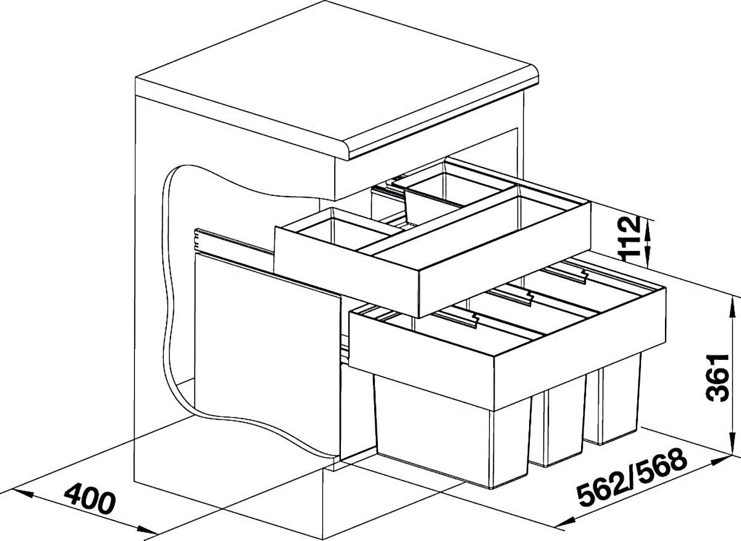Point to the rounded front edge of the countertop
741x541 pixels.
coord(443,122)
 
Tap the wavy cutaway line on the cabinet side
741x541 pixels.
coord(172,298)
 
